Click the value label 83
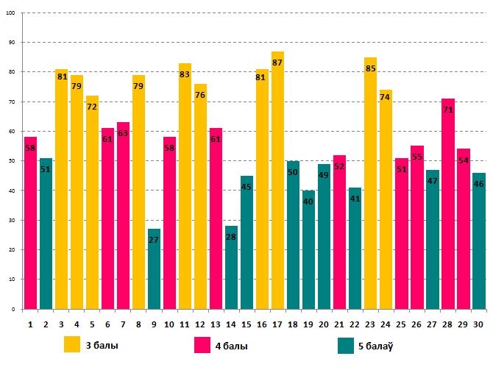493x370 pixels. coord(185,74)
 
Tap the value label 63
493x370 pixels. coord(123,133)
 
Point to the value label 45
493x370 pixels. coord(246,187)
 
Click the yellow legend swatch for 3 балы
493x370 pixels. coord(72,344)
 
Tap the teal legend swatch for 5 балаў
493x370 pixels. coord(347,344)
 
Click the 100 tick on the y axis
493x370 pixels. coord(10,13)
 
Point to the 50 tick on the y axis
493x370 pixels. coord(12,161)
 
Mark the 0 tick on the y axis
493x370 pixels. coord(13,310)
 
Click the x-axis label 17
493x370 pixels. coord(277,324)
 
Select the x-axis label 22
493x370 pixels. coord(355,324)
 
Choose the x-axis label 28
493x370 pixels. coord(447,324)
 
